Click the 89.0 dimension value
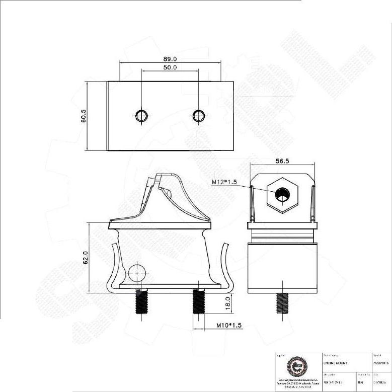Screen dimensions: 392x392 tap(170, 59)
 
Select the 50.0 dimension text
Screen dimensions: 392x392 tap(170, 67)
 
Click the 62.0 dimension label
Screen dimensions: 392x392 tap(86, 258)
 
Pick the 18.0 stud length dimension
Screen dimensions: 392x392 tap(227, 303)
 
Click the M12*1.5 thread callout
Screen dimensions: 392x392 tap(224, 182)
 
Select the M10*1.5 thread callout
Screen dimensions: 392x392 tap(229, 326)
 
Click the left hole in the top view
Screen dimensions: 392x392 tap(141, 115)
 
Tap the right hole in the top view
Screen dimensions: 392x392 tap(199, 115)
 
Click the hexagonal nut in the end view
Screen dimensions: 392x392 tap(283, 194)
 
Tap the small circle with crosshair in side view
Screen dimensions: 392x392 tap(137, 273)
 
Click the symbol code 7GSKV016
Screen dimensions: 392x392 tap(381, 362)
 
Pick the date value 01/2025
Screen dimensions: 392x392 tap(380, 382)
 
